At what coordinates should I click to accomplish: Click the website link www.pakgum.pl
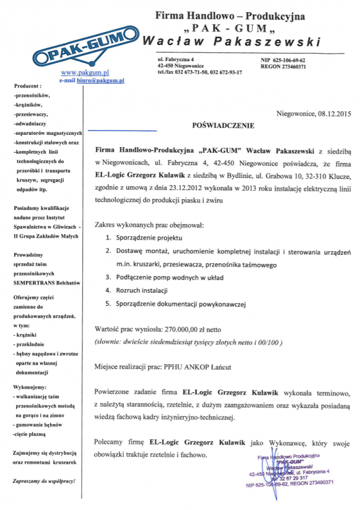click(85, 73)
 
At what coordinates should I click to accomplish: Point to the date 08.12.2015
click(334, 114)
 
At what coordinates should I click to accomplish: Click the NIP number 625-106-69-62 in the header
click(290, 60)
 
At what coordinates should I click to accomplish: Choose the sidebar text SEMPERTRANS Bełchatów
click(46, 282)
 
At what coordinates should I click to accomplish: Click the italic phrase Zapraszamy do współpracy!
click(44, 481)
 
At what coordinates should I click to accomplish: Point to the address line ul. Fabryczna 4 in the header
click(175, 60)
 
